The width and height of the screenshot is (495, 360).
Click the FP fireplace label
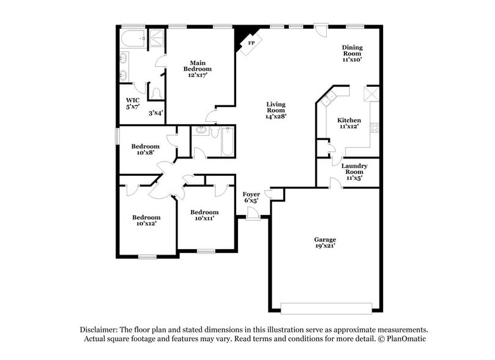[x=251, y=43]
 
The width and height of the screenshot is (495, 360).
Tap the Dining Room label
[x=352, y=53]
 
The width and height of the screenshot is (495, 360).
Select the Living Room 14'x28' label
[x=276, y=110]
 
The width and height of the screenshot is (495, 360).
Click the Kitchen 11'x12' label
[x=349, y=124]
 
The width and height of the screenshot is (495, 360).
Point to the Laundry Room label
[x=354, y=171]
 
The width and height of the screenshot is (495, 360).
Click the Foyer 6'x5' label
[x=252, y=197]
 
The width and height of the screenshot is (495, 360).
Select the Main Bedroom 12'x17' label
[x=197, y=69]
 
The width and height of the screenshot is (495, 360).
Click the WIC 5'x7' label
[x=133, y=103]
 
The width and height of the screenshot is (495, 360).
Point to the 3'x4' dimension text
[x=156, y=112]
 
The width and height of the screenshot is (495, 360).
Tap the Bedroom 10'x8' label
[x=146, y=149]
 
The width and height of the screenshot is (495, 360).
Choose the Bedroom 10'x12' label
[x=147, y=220]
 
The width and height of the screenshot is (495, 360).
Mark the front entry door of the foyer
[x=251, y=212]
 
